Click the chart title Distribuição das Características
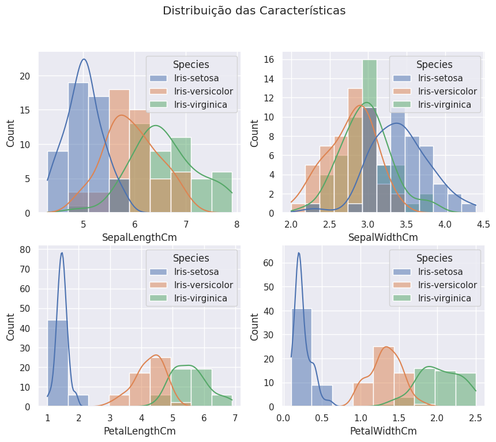click(254, 11)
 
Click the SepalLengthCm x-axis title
click(139, 237)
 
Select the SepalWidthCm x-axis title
click(383, 237)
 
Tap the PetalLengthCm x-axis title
click(139, 430)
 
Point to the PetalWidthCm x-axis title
click(383, 430)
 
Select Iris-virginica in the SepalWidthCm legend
click(444, 104)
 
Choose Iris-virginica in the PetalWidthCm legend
click(444, 298)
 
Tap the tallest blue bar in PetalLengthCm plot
click(58, 363)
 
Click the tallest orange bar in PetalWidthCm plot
click(384, 376)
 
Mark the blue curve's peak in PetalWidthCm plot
click(299, 252)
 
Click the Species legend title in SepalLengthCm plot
click(191, 65)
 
